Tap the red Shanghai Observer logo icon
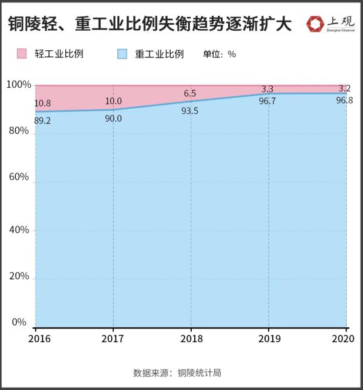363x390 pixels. coord(316,24)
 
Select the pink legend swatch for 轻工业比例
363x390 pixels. coord(22,54)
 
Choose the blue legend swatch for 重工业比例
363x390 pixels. coord(122,54)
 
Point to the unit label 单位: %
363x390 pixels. coord(220,54)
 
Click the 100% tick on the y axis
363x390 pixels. coord(18,85)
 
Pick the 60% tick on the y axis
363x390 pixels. coord(18,177)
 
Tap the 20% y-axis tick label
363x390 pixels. coord(18,276)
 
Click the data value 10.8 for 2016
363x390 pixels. coord(42,103)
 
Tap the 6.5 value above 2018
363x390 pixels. coord(190,93)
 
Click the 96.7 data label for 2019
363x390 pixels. coord(267,101)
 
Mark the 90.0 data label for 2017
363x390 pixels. coord(113,119)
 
